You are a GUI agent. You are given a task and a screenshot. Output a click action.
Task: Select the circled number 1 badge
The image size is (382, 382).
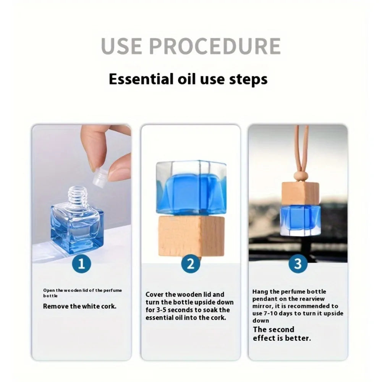[x=81, y=264]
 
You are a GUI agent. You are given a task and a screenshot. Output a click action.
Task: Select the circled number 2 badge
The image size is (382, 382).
[x=191, y=264]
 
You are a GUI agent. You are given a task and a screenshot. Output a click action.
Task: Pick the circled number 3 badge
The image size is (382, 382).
[x=298, y=264]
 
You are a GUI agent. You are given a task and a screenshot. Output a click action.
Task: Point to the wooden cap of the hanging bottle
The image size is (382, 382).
[x=300, y=194]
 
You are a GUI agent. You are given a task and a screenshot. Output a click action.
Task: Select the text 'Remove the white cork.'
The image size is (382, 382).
[x=79, y=306]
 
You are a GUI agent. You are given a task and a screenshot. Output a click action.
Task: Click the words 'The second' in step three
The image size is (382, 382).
[x=274, y=330]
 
